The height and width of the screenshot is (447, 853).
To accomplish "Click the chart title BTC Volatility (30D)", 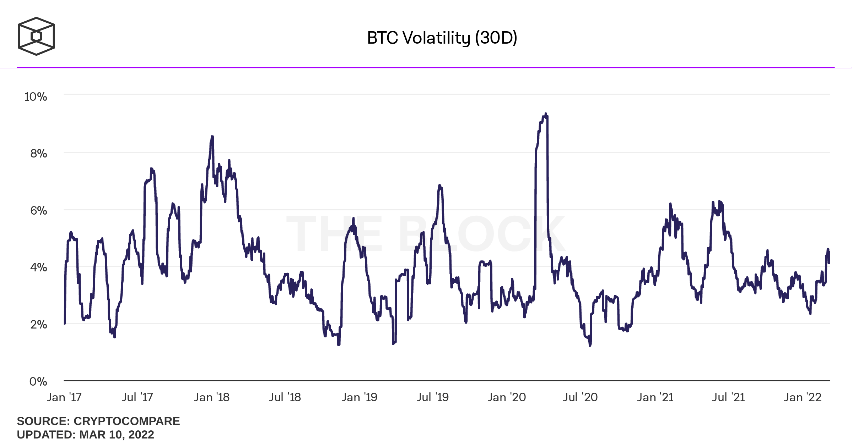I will pos(442,38).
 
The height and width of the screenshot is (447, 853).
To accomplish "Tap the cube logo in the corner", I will pos(36,36).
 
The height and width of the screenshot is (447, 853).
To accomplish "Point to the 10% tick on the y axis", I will pos(36,97).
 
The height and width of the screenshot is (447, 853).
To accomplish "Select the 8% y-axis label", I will pos(38,154).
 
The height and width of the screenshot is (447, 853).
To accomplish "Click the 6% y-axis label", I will pos(38,211).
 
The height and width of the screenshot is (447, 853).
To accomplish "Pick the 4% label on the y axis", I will pos(38,267).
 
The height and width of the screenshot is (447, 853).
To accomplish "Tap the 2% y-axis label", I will pos(38,325).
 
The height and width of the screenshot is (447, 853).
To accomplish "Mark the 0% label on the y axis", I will pos(38,382).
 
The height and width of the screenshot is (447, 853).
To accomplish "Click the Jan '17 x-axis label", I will pos(64,397).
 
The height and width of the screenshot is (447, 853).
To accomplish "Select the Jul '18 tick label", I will pos(285,397).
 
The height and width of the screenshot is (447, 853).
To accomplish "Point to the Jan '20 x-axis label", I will pos(507,397).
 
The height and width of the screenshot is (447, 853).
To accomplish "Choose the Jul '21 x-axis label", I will pos(728,397).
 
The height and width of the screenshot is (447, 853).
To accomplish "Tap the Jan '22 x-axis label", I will pos(803,397).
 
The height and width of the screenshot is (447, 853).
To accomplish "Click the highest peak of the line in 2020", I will pos(546,114).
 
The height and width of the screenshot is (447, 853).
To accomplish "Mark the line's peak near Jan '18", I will pos(212,136).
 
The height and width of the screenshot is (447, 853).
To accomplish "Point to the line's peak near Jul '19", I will pos(439,186).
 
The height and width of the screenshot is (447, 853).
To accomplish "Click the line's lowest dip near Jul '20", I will pos(590,345).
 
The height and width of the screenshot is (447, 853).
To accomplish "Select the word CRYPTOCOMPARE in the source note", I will pos(126,421).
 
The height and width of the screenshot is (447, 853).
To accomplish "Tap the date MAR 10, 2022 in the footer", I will pos(117,435).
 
